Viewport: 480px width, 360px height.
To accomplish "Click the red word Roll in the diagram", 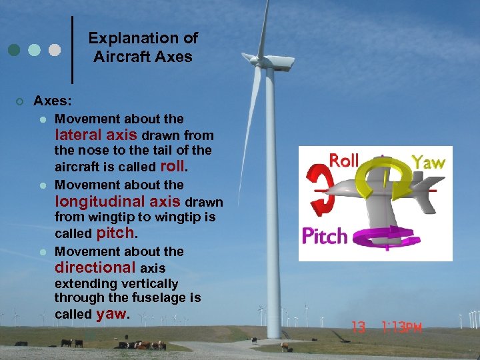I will tap(345, 161).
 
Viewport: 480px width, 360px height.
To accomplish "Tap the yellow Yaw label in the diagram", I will tap(429, 162).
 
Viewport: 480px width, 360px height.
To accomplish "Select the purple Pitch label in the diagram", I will tap(325, 236).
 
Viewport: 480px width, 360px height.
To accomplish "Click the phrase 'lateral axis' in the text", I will tap(96, 135).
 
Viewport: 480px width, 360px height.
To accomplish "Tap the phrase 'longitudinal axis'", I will tap(118, 201).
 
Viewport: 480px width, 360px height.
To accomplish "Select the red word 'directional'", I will tap(95, 267).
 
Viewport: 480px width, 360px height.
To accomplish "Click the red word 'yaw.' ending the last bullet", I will tap(111, 314).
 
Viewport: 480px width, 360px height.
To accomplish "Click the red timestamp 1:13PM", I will tap(403, 327).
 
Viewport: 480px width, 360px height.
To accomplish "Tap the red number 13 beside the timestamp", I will tap(359, 327).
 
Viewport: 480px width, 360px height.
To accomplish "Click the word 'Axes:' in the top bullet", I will tap(53, 101).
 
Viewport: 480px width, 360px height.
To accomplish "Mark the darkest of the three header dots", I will tap(15, 50).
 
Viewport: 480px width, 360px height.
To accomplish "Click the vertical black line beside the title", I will tap(72, 50).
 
